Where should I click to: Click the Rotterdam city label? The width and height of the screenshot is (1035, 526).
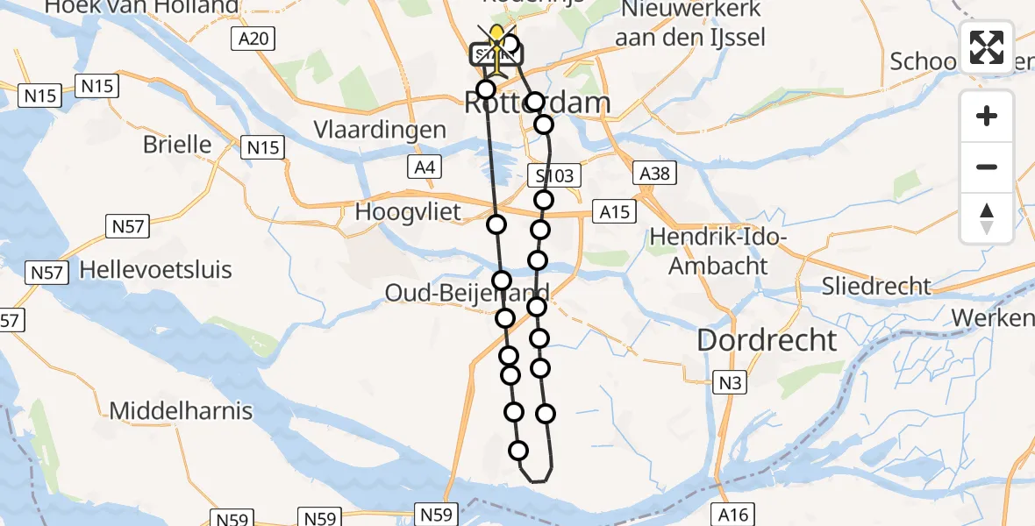(536, 103)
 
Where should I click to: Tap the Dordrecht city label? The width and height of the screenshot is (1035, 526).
(767, 340)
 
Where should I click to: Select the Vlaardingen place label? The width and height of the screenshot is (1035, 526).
(380, 130)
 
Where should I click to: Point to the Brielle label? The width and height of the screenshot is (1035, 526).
(177, 144)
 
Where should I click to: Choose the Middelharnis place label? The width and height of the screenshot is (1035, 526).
(181, 409)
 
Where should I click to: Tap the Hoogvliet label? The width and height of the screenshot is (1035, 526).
(406, 211)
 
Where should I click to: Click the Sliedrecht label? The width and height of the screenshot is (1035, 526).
(876, 285)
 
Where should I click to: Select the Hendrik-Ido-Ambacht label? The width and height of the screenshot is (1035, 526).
(718, 252)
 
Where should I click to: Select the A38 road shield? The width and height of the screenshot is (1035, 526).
(654, 173)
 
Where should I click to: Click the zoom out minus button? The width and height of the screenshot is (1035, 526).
(987, 167)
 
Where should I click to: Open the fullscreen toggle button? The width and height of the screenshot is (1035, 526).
(987, 47)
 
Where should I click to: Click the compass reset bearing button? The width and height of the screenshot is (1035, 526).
(987, 217)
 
